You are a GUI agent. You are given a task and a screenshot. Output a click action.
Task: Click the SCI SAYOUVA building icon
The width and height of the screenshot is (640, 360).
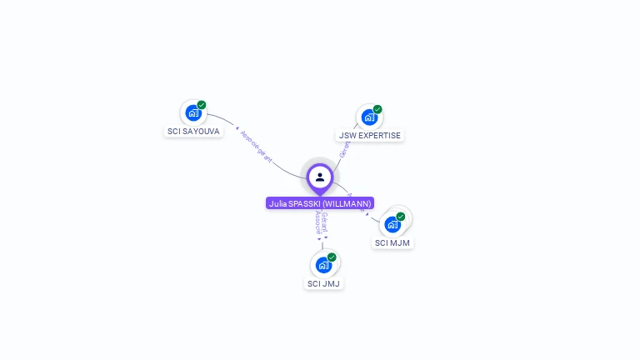pyautogui.click(x=193, y=113)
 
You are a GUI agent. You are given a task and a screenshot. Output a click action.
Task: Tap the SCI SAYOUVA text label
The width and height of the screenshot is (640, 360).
pyautogui.click(x=194, y=132)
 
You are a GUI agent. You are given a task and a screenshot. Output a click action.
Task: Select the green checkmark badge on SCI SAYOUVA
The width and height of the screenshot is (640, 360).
pyautogui.click(x=202, y=105)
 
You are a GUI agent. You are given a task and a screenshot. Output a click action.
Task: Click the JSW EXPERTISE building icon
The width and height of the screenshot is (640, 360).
pyautogui.click(x=369, y=117)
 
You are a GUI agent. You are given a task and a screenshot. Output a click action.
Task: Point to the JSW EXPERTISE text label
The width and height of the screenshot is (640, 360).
pyautogui.click(x=369, y=135)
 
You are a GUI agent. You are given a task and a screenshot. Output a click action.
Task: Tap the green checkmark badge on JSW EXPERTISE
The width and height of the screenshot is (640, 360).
pyautogui.click(x=377, y=109)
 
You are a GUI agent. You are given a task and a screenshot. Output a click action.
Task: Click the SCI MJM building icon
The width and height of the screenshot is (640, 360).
pyautogui.click(x=392, y=224)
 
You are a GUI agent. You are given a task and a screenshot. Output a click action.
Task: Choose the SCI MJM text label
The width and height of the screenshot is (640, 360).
pyautogui.click(x=392, y=243)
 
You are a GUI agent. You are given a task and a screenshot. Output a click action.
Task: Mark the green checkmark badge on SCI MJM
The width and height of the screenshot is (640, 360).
pyautogui.click(x=401, y=217)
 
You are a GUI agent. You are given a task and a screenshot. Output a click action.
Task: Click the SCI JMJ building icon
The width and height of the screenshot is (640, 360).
pyautogui.click(x=323, y=265)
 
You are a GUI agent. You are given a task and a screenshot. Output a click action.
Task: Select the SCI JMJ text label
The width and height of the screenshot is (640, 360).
pyautogui.click(x=323, y=283)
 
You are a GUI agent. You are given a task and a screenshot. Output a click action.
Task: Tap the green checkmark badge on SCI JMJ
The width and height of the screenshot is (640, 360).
pyautogui.click(x=332, y=257)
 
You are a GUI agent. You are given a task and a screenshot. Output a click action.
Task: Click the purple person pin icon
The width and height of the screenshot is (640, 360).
pyautogui.click(x=320, y=177)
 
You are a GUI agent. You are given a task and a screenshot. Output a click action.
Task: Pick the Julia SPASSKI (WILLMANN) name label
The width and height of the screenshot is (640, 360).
pyautogui.click(x=320, y=203)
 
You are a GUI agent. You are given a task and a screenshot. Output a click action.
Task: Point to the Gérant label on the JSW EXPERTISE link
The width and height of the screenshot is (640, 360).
pyautogui.click(x=344, y=149)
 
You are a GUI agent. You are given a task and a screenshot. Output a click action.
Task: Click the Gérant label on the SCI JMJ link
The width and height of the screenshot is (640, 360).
pyautogui.click(x=325, y=222)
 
